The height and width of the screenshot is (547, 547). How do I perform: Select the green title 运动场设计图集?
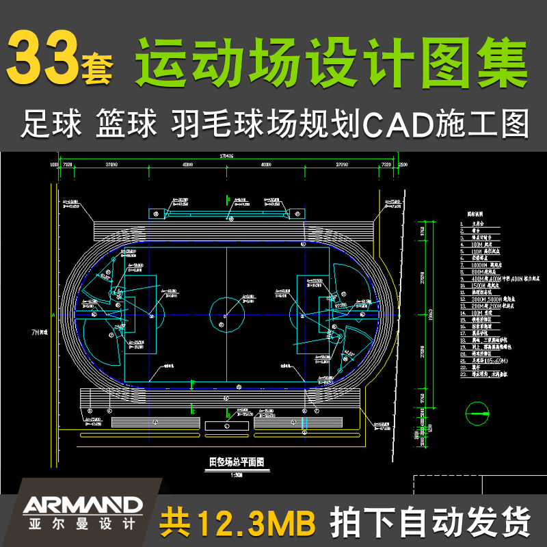[333, 60]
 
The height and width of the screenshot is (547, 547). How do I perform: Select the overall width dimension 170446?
[226, 157]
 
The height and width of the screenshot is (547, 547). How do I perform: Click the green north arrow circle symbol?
[477, 412]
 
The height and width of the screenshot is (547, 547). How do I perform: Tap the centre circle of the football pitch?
[226, 314]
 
